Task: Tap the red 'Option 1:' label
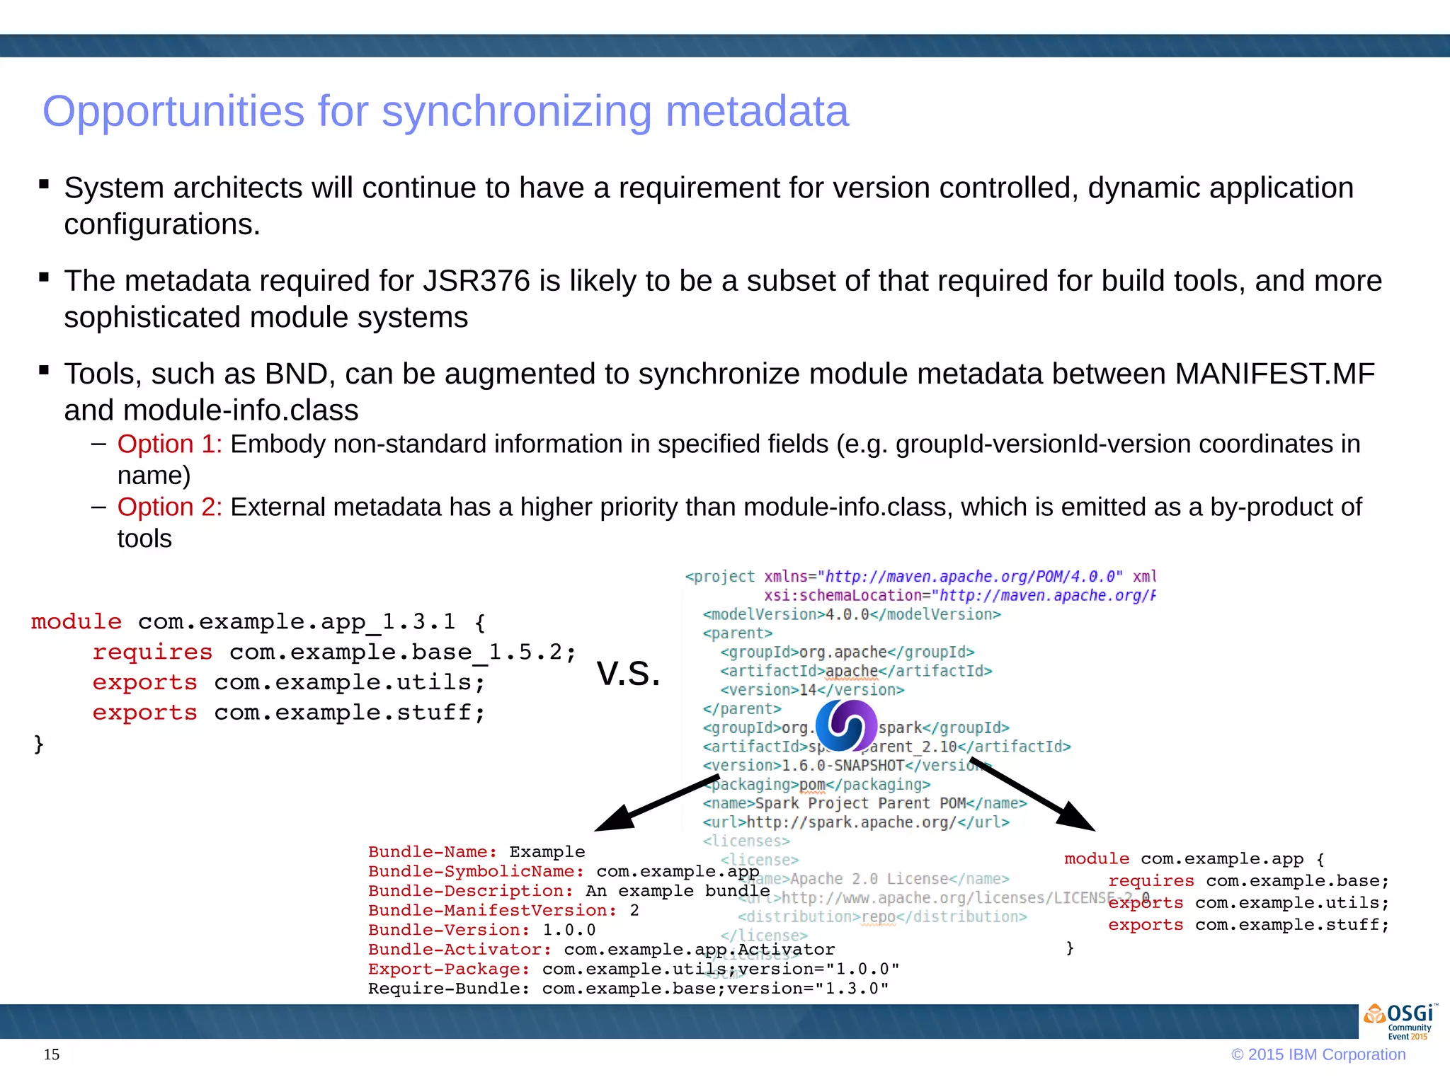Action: pyautogui.click(x=169, y=444)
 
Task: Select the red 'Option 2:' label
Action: pyautogui.click(x=169, y=507)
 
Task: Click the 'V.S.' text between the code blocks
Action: pyautogui.click(x=628, y=673)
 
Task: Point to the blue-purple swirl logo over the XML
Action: pyautogui.click(x=846, y=726)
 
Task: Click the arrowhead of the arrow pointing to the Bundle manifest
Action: pyautogui.click(x=613, y=820)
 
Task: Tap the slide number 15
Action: pyautogui.click(x=52, y=1054)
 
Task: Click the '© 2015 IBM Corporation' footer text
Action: pyautogui.click(x=1318, y=1054)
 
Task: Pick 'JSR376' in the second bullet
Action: pyautogui.click(x=476, y=282)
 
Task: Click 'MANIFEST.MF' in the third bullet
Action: pyautogui.click(x=1274, y=374)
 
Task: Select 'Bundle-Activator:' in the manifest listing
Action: pyautogui.click(x=459, y=950)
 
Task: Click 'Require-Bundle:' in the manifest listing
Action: pyautogui.click(x=448, y=989)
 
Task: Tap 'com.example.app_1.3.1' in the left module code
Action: pyautogui.click(x=296, y=622)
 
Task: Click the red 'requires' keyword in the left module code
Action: pyautogui.click(x=152, y=652)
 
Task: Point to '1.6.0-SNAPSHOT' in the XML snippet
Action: pyautogui.click(x=843, y=766)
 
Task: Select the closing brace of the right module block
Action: pyautogui.click(x=1070, y=948)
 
